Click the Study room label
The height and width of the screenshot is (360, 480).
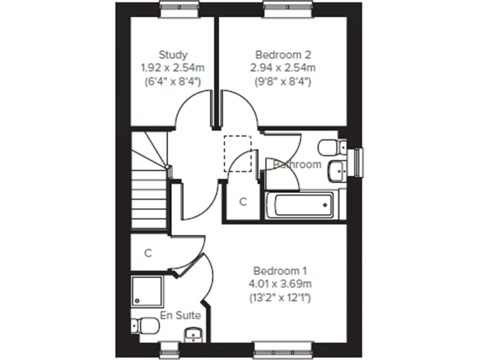click(173, 55)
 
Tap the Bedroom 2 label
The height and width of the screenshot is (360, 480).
click(280, 55)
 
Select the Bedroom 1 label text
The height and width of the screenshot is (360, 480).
click(280, 271)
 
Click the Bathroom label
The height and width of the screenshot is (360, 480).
click(297, 165)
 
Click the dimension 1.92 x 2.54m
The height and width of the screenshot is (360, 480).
click(173, 67)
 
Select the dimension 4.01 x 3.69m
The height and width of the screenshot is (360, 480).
click(280, 284)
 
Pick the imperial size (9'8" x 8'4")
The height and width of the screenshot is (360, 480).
click(280, 81)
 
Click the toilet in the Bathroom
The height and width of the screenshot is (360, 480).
click(330, 147)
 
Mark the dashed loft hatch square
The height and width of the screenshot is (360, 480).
click(237, 153)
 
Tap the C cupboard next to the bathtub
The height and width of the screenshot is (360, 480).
click(242, 202)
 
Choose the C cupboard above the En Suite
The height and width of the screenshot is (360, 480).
click(149, 253)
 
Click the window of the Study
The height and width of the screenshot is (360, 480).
click(180, 7)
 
